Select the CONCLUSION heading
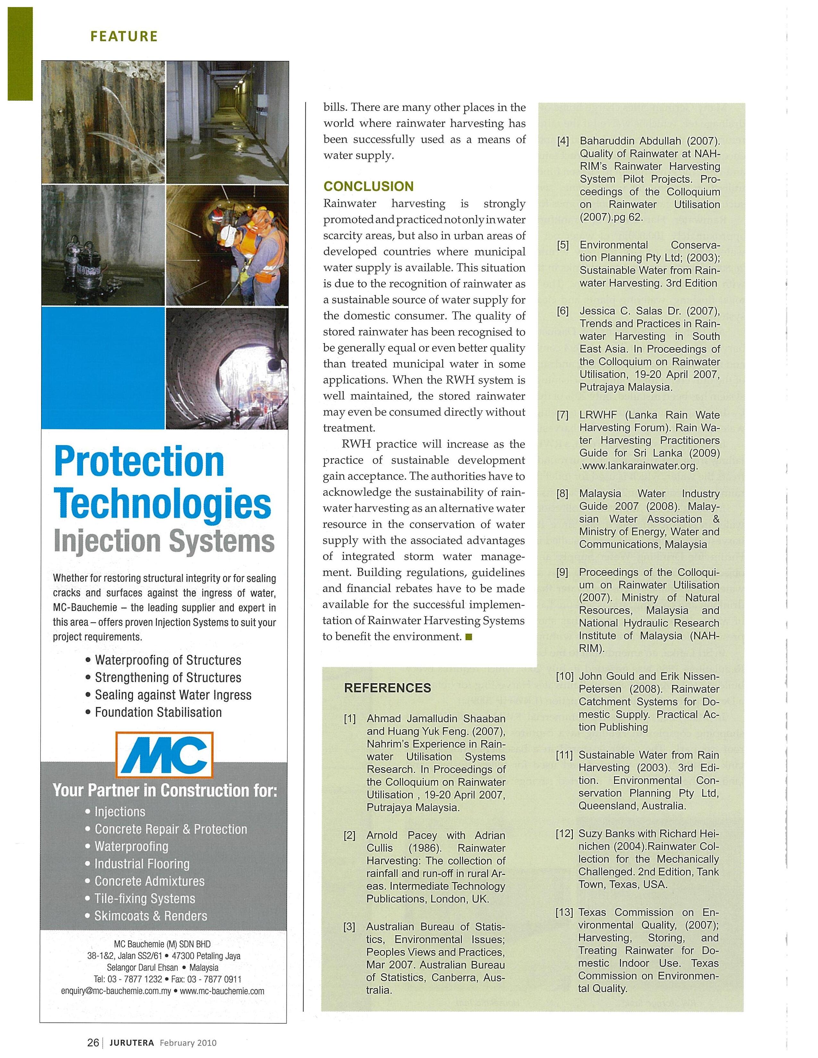(x=368, y=187)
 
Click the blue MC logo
(x=164, y=754)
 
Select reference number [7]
(x=563, y=415)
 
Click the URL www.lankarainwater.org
(x=639, y=466)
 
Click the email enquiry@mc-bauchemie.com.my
(x=116, y=991)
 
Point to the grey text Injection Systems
(x=164, y=541)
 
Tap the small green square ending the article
(x=468, y=637)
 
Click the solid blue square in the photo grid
(x=103, y=368)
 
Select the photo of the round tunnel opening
(x=227, y=368)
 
